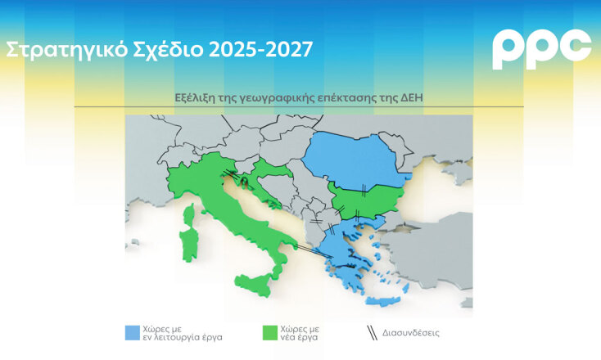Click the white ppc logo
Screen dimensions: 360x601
coord(541,49)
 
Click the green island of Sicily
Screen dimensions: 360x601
coord(253,286)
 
